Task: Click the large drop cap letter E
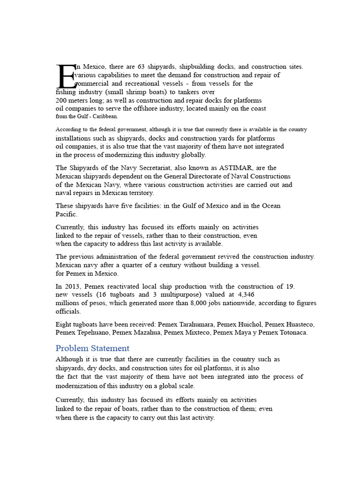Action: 66,76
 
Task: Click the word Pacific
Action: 66,214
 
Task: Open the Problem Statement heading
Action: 92,348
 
